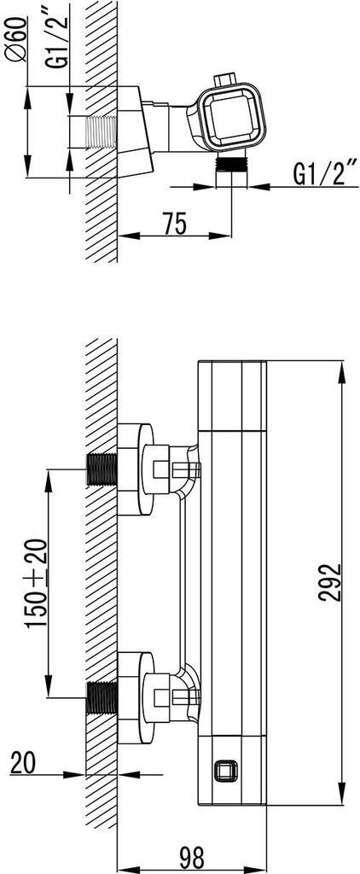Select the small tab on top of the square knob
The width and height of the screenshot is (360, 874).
pos(227,82)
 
